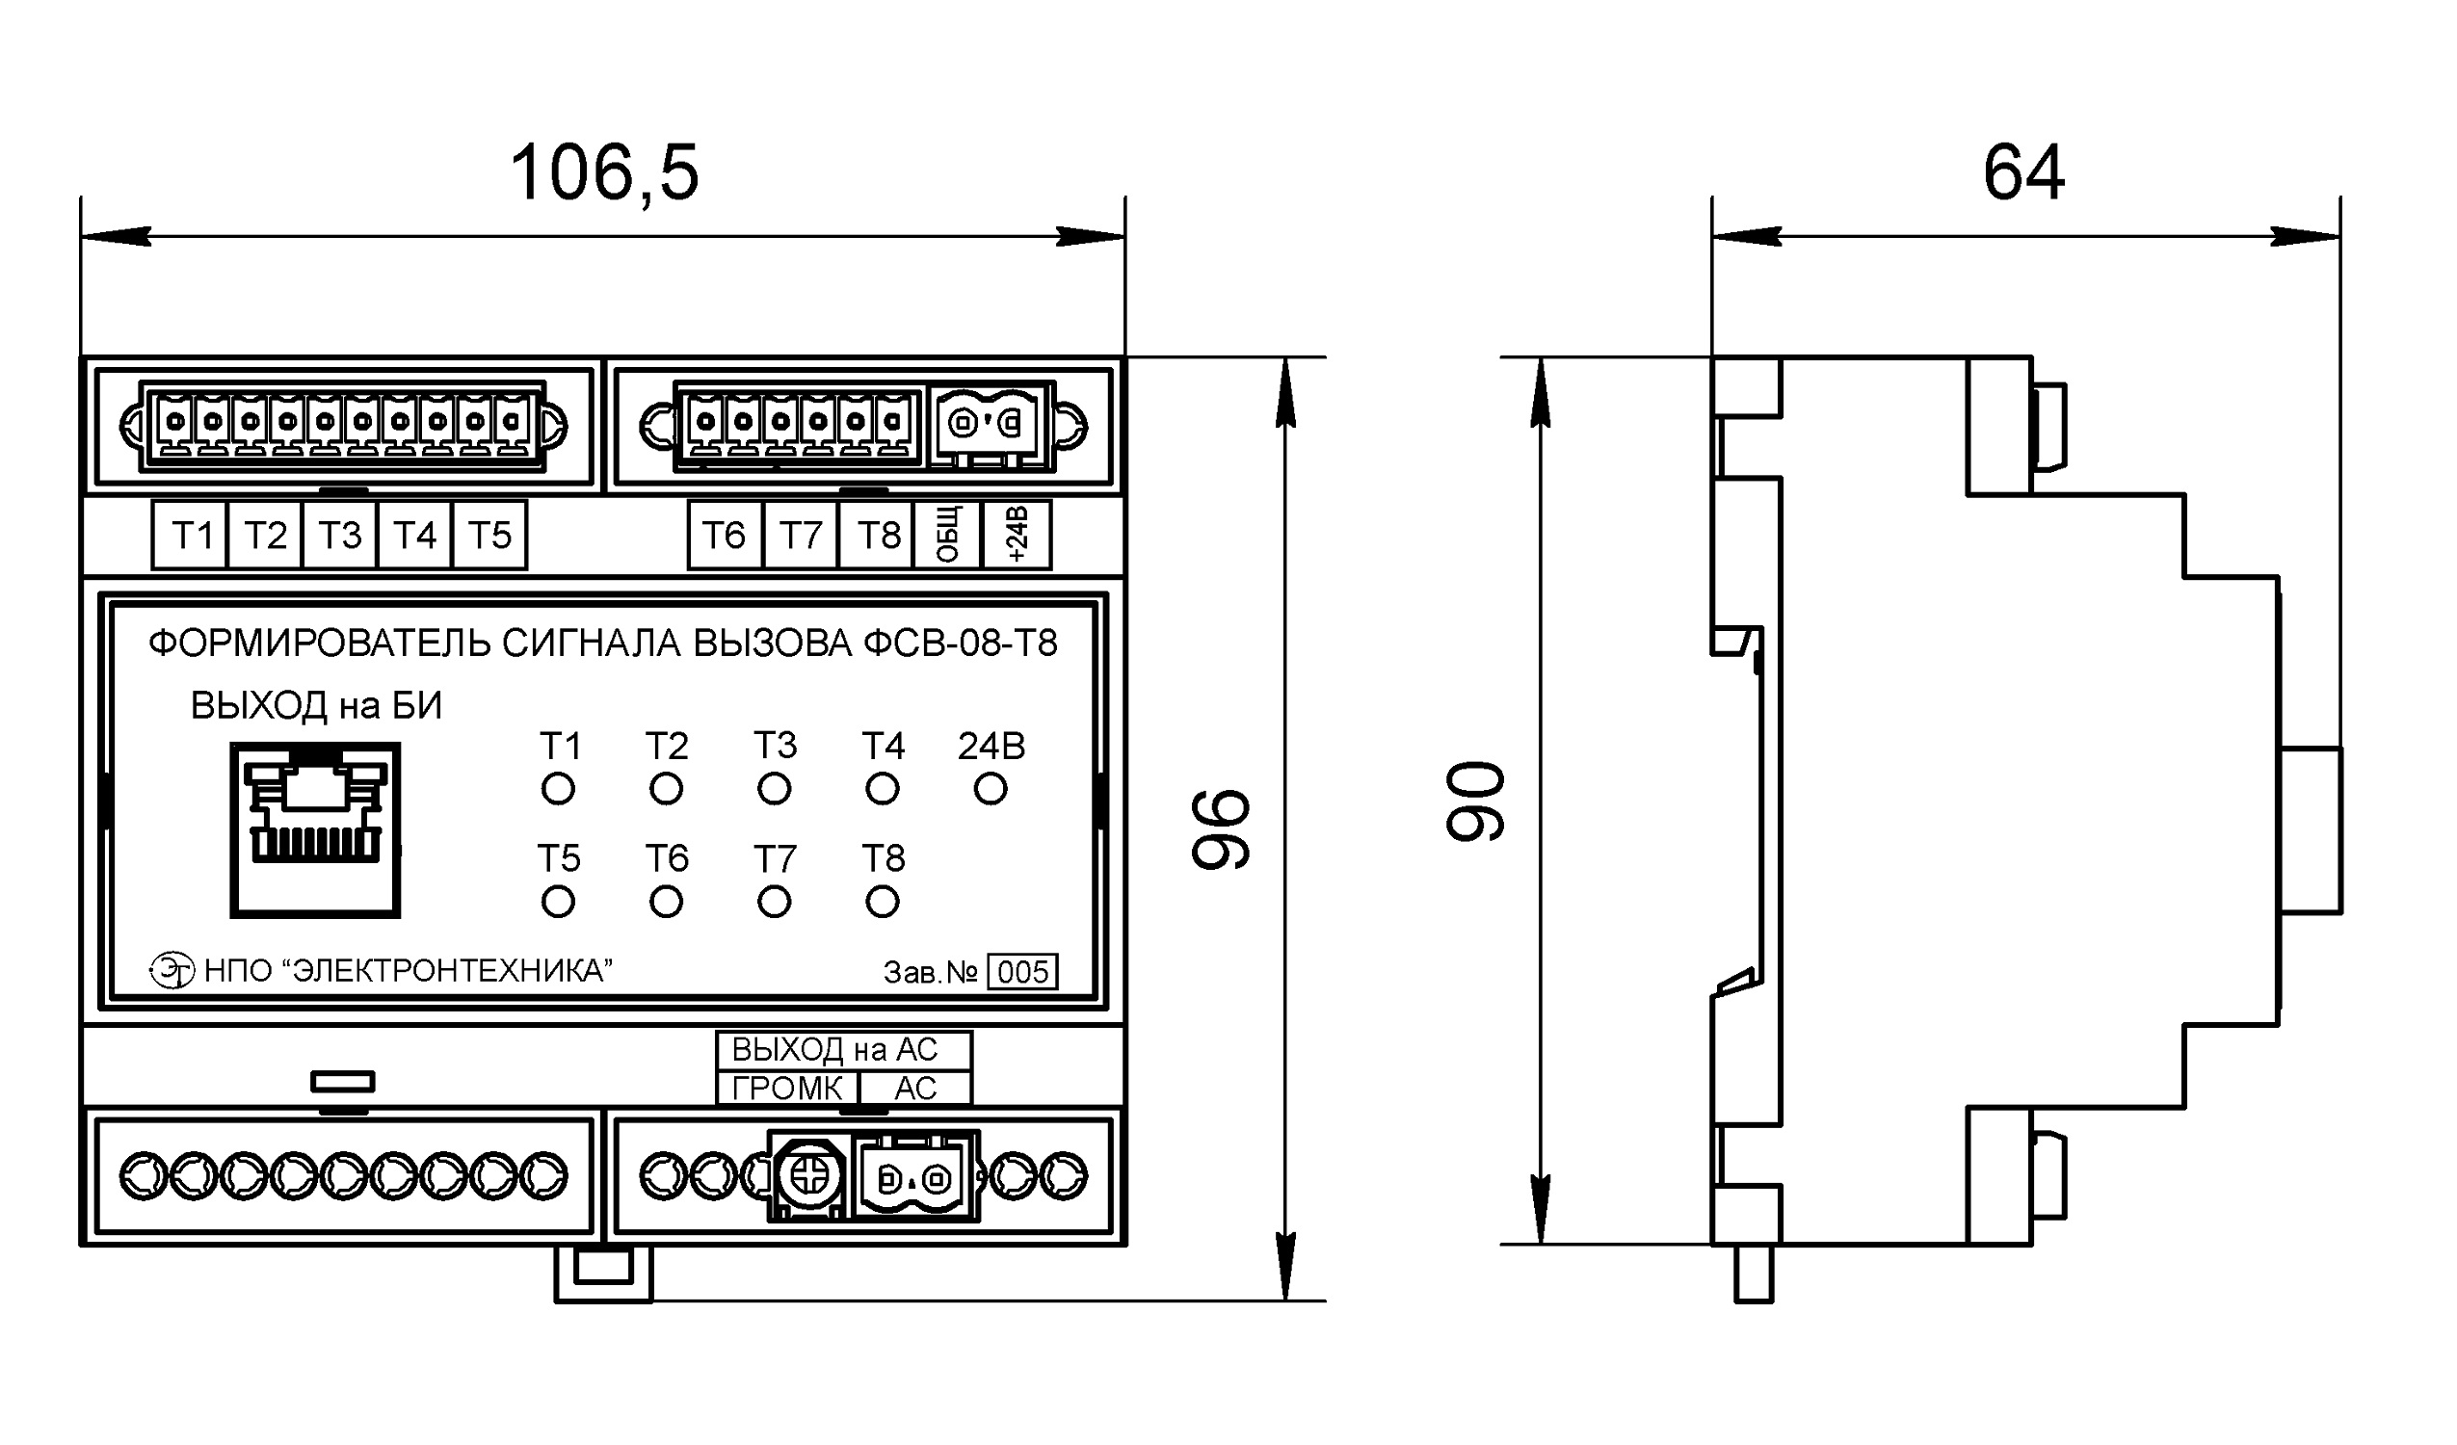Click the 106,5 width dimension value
(x=604, y=172)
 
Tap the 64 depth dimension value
(x=2024, y=172)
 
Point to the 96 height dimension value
(x=1220, y=829)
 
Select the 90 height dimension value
(x=1475, y=801)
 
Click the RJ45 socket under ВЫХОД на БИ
(x=315, y=830)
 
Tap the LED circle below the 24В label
(x=990, y=789)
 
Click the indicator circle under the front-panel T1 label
(x=558, y=789)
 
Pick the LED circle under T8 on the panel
(x=883, y=902)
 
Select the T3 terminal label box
(x=339, y=536)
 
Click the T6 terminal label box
(x=725, y=536)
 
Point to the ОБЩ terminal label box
(x=947, y=536)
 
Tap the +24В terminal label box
(x=1016, y=536)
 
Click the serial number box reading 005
(x=1022, y=972)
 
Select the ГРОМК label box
(x=788, y=1089)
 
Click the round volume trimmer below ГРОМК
(x=809, y=1176)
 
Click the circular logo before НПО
(x=172, y=970)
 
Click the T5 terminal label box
(x=489, y=536)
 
